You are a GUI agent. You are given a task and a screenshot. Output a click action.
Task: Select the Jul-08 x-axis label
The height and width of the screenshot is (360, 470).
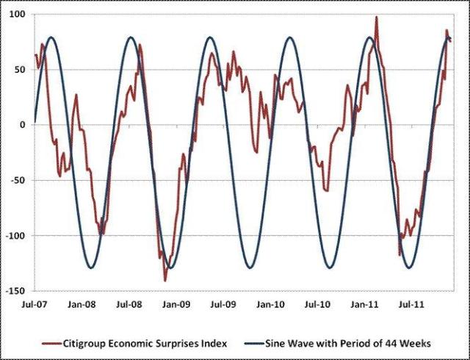[129, 303]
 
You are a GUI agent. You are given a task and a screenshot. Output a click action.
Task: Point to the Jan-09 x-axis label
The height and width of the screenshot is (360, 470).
[176, 303]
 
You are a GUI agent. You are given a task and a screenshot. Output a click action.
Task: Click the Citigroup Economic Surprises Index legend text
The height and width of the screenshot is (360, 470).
[145, 342]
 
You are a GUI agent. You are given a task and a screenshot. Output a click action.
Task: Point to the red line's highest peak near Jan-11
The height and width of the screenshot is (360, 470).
[377, 17]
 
